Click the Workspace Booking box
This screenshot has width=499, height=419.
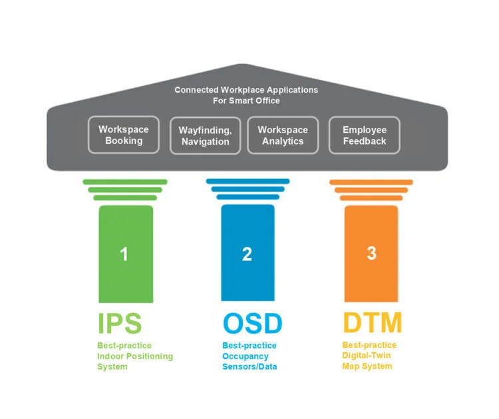click(124, 135)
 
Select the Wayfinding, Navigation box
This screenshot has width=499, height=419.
click(206, 136)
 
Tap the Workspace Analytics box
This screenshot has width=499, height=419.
click(283, 135)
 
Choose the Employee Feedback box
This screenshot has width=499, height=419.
click(365, 135)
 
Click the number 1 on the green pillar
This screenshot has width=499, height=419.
click(124, 254)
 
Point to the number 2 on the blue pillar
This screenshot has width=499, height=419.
click(247, 254)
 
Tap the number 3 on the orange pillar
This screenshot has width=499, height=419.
click(371, 253)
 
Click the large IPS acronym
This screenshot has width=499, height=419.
click(120, 323)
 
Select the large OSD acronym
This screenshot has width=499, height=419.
click(252, 323)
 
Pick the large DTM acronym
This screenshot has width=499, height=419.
click(373, 322)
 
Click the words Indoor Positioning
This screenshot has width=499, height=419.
click(135, 356)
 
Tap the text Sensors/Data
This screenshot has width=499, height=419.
click(249, 366)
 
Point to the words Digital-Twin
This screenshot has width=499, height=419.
click(367, 355)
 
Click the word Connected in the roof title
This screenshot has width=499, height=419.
click(196, 90)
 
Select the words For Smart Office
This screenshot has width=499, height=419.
click(246, 101)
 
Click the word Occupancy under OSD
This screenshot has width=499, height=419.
click(246, 356)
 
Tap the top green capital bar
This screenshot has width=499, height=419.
click(125, 182)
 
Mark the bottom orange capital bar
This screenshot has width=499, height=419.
click(371, 198)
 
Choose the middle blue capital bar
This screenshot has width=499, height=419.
click(248, 189)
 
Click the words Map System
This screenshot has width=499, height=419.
click(367, 366)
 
